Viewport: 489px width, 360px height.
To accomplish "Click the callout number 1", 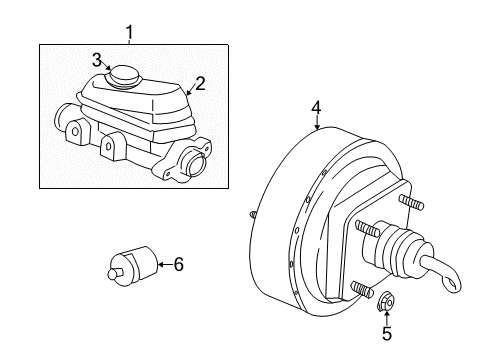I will coord(129,35).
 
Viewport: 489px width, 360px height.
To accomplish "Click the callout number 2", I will coord(199,84).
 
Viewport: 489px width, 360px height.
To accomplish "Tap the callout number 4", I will coord(316,106).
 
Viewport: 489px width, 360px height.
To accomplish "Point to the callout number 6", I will coord(179,264).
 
